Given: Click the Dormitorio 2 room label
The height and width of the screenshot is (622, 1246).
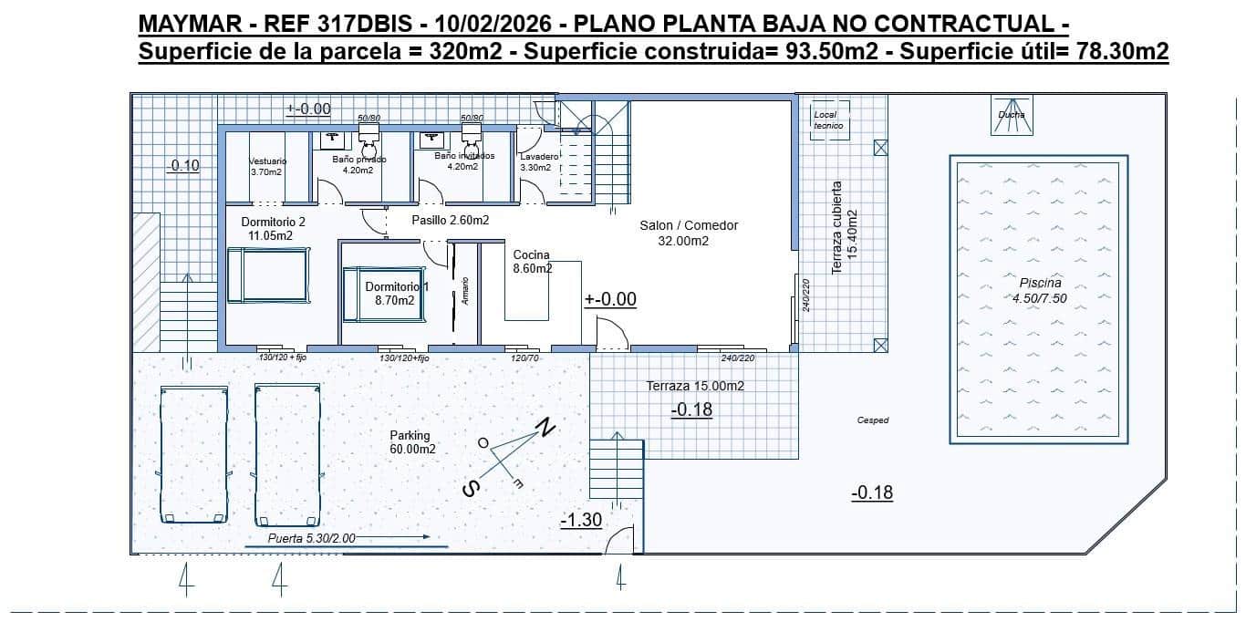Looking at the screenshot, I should (x=273, y=222).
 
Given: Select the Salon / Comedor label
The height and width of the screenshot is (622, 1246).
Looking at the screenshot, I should (x=689, y=225).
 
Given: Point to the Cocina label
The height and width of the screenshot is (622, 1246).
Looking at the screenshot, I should (x=531, y=254).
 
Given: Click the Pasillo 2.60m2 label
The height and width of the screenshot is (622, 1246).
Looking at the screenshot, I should (x=450, y=220).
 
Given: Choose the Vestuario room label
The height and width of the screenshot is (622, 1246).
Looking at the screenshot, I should (x=267, y=161).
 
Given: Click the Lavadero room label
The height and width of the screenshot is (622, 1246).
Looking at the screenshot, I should (x=539, y=157).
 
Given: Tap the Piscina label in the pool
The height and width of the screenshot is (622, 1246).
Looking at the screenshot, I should (x=1033, y=283).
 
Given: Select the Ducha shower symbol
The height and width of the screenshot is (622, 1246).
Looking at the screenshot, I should (x=1011, y=116).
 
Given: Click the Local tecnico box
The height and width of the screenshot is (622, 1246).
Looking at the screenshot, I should (x=829, y=120).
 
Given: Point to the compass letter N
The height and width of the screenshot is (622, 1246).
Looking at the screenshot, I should (x=545, y=427).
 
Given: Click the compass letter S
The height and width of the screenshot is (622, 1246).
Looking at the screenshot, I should (x=471, y=490).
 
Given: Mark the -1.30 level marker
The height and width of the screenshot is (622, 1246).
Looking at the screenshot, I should (x=580, y=520).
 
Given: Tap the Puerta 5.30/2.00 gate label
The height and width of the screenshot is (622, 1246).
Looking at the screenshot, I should (x=311, y=538).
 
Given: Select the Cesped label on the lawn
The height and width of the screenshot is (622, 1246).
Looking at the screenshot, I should (x=873, y=420).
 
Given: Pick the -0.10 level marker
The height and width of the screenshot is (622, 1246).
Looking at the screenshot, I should (x=183, y=165).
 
